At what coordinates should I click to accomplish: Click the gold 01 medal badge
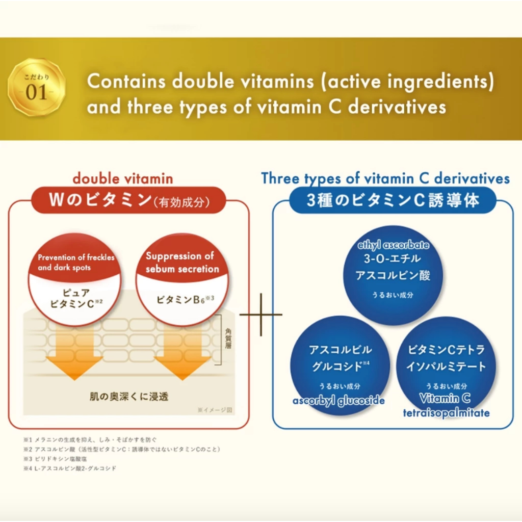36,87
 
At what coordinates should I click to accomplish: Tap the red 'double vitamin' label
122,178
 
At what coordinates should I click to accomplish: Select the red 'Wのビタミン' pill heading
129,200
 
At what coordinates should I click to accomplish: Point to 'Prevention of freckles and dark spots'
76,262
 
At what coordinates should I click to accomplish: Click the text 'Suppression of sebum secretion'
182,262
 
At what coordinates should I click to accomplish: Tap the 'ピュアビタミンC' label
76,299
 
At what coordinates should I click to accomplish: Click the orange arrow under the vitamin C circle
74,354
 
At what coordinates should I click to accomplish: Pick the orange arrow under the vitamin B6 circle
182,354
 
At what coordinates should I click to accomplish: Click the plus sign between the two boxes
260,315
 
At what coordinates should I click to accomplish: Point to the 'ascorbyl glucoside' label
338,401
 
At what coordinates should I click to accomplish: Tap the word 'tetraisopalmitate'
446,412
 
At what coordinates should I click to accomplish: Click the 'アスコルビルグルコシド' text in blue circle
341,358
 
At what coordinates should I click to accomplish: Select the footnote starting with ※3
51,459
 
